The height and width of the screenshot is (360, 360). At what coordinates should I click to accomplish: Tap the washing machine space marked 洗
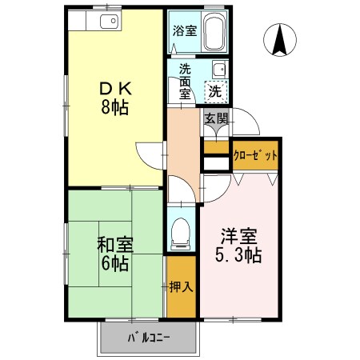(x=214, y=91)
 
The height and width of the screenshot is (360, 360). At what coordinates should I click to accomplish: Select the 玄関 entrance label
(x=216, y=119)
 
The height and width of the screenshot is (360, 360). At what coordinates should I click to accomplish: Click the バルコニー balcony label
(x=149, y=337)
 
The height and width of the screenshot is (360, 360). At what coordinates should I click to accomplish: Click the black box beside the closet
(x=215, y=164)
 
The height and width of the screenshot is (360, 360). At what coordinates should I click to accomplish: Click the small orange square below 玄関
(x=215, y=147)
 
